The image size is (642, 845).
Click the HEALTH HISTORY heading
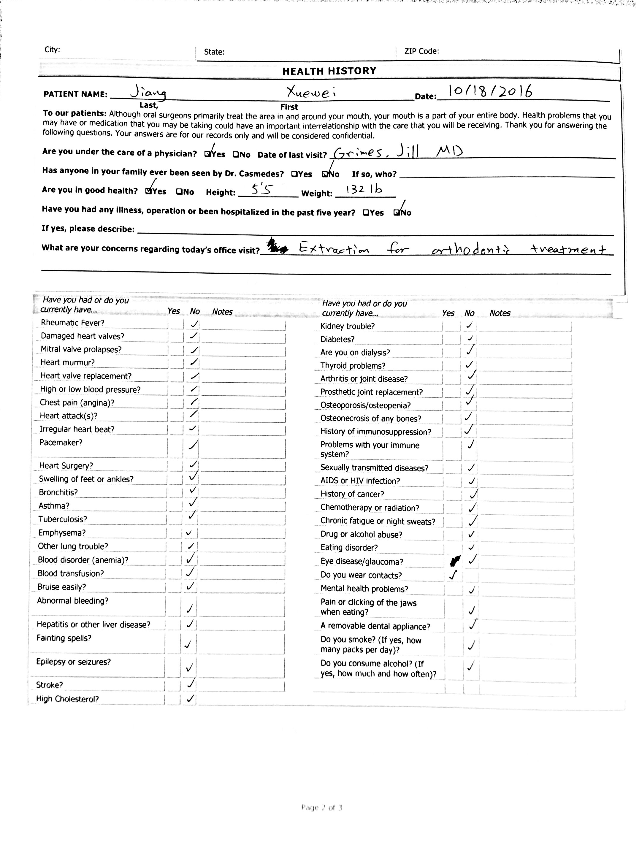point(329,71)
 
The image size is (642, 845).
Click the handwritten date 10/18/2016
point(490,91)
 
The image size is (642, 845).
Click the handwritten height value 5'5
point(262,189)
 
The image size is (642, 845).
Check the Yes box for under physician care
point(208,154)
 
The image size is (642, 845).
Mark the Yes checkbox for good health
point(149,191)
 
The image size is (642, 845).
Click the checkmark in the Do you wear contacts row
point(453,575)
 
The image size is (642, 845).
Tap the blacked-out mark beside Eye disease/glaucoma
point(455,561)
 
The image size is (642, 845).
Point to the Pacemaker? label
point(61,443)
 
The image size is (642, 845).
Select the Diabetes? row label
point(337,339)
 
